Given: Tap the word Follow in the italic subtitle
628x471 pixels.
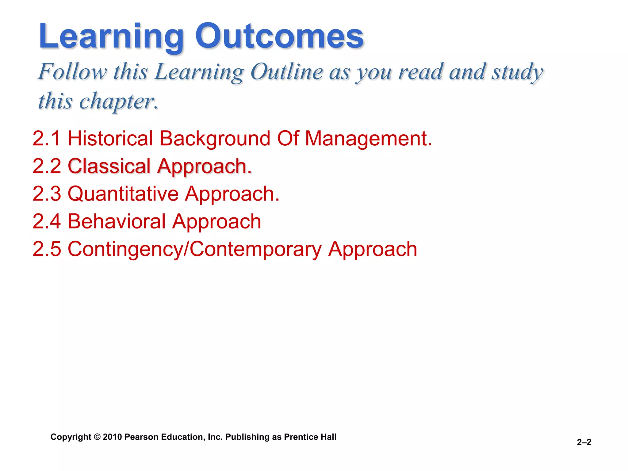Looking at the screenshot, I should coord(73,72).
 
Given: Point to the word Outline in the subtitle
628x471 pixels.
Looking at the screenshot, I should coord(286,72).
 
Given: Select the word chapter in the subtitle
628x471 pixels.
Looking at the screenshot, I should coord(118,101).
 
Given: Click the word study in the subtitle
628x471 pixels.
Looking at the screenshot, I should coord(517,72).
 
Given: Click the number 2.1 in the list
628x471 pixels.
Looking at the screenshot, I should coord(46,138).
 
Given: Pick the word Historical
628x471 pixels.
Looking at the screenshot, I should coord(110,138).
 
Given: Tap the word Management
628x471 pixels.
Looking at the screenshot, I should coord(368,138).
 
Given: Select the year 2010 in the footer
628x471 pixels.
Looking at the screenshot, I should coord(113,437).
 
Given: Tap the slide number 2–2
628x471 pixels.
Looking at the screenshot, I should coord(584,442).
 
